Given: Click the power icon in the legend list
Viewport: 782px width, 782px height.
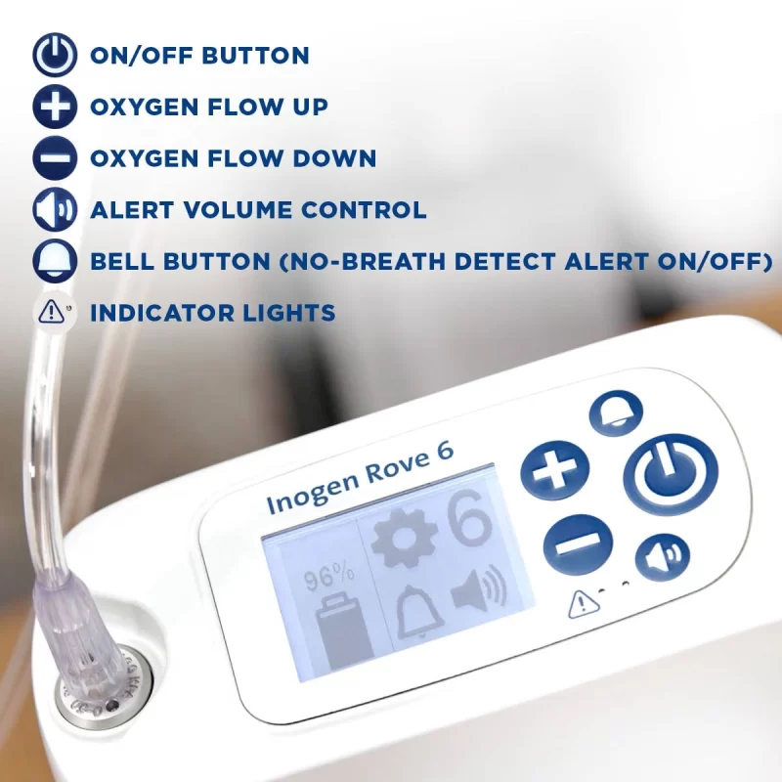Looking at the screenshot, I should pyautogui.click(x=55, y=55).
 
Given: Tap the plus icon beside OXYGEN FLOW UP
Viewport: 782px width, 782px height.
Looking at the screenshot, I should pyautogui.click(x=55, y=107).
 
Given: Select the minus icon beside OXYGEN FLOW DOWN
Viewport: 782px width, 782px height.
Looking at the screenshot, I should pyautogui.click(x=55, y=158).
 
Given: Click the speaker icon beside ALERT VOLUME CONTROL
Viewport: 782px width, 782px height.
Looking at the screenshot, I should pyautogui.click(x=55, y=210).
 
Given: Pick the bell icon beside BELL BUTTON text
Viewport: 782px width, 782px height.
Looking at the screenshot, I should pyautogui.click(x=55, y=262).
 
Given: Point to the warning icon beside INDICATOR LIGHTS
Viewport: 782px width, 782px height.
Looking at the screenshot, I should pyautogui.click(x=55, y=313).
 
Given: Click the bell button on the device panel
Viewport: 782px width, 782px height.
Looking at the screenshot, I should pyautogui.click(x=616, y=413).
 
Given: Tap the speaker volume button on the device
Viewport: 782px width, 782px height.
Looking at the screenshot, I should pyautogui.click(x=662, y=557).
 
